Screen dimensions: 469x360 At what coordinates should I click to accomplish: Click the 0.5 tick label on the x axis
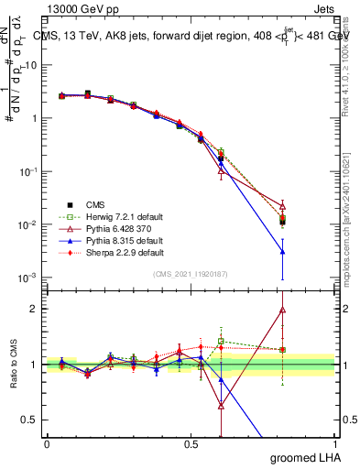pos(191,442)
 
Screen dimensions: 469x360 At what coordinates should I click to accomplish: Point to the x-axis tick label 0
pos(47,442)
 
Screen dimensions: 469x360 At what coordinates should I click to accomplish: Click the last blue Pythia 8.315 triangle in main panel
pos(283,251)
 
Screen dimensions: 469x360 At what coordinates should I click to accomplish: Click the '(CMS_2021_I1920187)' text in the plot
pos(191,274)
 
